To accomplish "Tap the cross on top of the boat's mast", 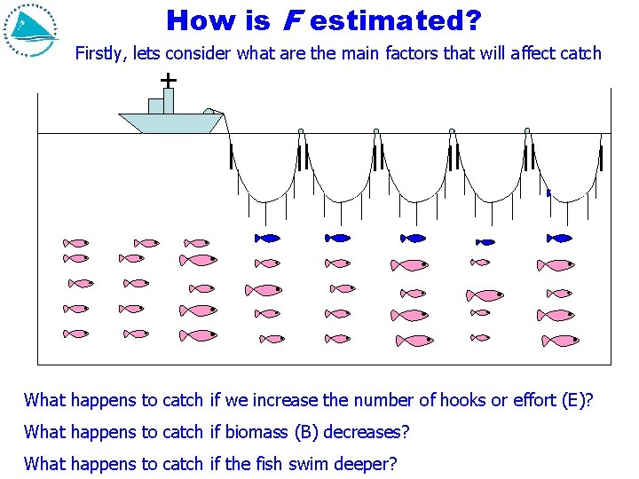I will click(x=168, y=81).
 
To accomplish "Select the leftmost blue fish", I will click(x=268, y=238).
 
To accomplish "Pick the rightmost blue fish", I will click(x=560, y=238).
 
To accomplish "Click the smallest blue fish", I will click(x=485, y=241).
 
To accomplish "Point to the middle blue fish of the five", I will click(x=414, y=238).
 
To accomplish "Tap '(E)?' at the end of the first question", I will click(x=577, y=400).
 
